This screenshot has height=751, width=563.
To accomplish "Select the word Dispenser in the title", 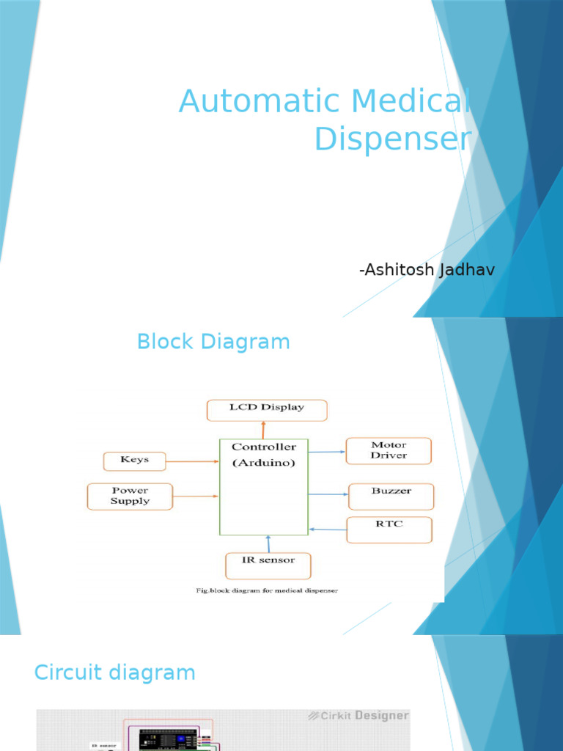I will tap(392, 139).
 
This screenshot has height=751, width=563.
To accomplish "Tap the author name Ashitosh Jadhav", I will tap(427, 270).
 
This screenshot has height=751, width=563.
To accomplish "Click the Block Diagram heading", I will tap(213, 342).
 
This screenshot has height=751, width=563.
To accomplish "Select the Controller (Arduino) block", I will tap(264, 487).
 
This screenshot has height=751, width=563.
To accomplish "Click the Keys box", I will tap(135, 461).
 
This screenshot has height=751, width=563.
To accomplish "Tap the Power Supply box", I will tap(130, 497).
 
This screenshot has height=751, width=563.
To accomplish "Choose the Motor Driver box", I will tap(389, 450).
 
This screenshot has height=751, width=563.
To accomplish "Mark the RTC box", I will tap(389, 530).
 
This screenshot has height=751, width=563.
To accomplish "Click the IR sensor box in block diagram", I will tap(268, 565).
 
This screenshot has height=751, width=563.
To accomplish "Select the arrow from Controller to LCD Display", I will tap(263, 430).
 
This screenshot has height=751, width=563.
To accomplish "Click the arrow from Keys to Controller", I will tap(192, 461).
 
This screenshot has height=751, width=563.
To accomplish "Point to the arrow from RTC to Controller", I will tap(327, 529).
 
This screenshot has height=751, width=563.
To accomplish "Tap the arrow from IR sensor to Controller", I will tap(268, 544).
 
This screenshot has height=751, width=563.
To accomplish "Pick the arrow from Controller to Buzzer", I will tap(328, 495).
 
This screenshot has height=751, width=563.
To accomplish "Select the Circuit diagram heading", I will tap(115, 673).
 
